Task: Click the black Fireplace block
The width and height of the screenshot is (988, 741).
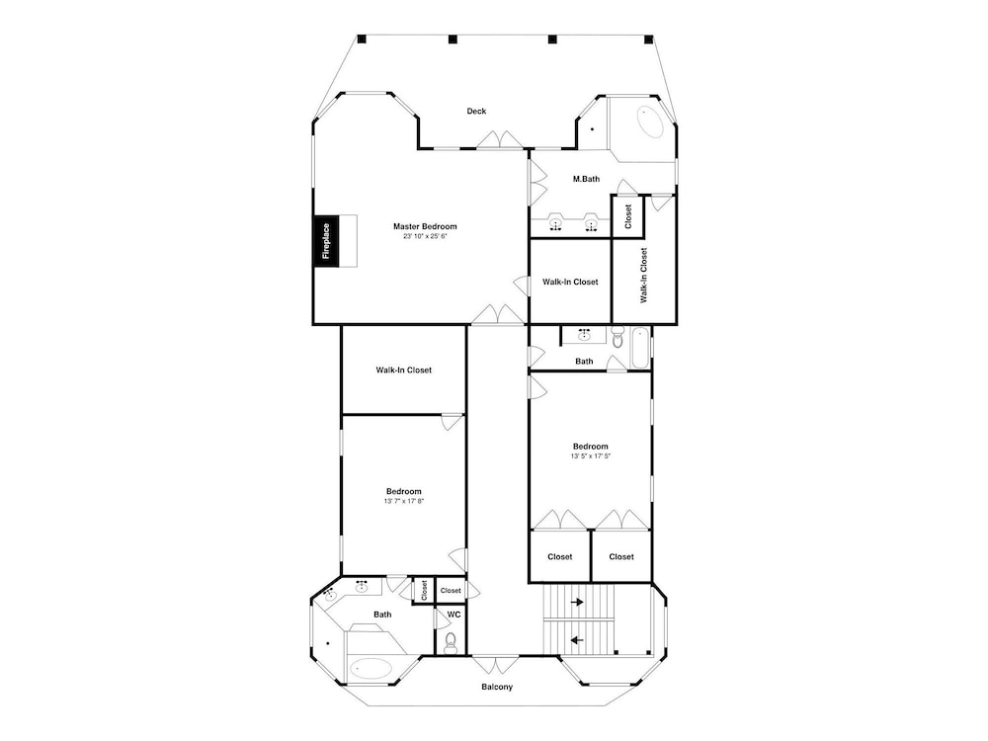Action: pos(326,241)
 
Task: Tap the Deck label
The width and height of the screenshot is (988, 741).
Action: pos(476,111)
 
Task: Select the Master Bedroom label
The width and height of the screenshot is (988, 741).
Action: pos(425,226)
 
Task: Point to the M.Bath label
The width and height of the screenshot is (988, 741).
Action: pos(586,179)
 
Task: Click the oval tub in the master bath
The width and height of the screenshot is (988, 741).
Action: pos(651,123)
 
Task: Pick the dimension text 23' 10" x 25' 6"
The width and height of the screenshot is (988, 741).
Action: pos(425,237)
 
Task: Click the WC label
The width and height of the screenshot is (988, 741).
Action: pos(453,615)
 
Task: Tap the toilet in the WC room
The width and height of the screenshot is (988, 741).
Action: pos(451,643)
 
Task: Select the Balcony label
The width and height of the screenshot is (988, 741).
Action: pos(497,687)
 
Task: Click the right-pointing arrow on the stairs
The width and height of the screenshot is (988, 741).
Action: pos(577,603)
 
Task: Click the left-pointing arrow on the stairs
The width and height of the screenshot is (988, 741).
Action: pos(577,641)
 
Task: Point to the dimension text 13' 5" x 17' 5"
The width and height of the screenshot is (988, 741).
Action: pos(591,456)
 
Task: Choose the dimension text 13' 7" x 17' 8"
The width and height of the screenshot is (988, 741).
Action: pos(404,502)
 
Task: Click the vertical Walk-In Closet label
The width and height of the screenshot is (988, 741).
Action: pos(643,276)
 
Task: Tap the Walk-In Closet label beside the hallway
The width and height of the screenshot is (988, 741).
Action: pos(404,370)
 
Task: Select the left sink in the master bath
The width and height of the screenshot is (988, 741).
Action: pos(555,223)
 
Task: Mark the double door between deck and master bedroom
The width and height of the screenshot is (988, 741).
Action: pos(500,140)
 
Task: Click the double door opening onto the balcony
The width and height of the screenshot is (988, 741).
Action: pos(496,664)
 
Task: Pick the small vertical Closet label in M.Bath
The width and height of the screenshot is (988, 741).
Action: pos(628,216)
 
